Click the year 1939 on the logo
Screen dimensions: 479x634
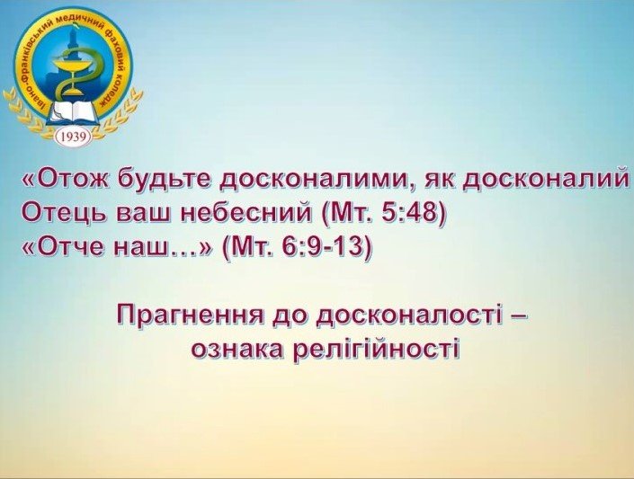[71, 137]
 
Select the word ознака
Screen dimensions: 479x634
[238, 349]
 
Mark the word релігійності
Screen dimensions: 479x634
[377, 349]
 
